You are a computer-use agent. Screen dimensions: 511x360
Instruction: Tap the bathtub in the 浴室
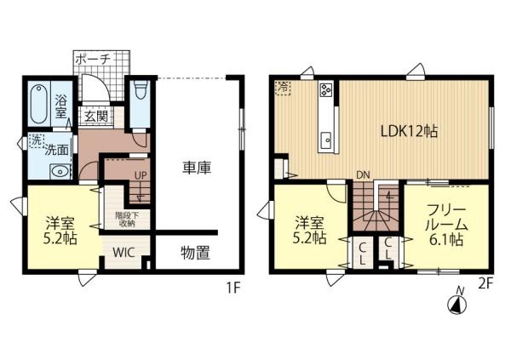click(39, 104)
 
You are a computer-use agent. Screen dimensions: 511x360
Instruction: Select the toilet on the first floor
click(141, 89)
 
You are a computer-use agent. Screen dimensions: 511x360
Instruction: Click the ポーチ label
click(93, 60)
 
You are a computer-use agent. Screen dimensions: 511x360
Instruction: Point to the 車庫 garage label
click(197, 168)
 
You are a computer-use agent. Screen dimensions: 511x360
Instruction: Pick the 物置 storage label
click(195, 253)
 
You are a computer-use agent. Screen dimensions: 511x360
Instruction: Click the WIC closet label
click(123, 253)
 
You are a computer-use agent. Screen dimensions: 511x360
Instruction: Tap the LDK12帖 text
click(409, 131)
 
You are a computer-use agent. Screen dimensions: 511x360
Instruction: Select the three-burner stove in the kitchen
click(326, 89)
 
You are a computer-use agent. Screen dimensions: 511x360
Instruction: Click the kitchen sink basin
click(326, 142)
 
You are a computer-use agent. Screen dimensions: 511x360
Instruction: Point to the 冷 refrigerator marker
click(283, 88)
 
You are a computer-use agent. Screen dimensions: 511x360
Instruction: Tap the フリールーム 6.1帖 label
click(446, 226)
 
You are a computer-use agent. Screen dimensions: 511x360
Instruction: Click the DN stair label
click(363, 175)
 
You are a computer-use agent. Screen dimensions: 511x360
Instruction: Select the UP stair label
click(141, 175)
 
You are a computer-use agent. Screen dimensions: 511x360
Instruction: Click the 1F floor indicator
click(233, 288)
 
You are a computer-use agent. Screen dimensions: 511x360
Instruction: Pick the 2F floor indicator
click(485, 284)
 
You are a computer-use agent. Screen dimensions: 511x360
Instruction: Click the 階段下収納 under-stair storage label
click(127, 220)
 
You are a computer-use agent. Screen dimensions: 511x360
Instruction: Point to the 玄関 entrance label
click(96, 116)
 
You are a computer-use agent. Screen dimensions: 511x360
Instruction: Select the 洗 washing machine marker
click(36, 140)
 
